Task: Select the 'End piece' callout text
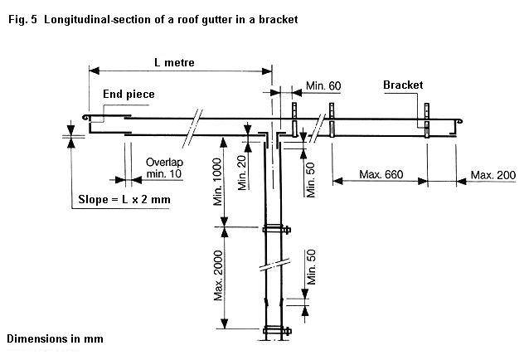coord(129,95)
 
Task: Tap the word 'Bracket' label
coord(404,85)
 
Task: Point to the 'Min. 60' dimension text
coord(323,85)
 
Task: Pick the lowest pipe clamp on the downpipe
coord(273,333)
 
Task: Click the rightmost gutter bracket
coord(427,122)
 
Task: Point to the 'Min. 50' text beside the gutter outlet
coord(311,176)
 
